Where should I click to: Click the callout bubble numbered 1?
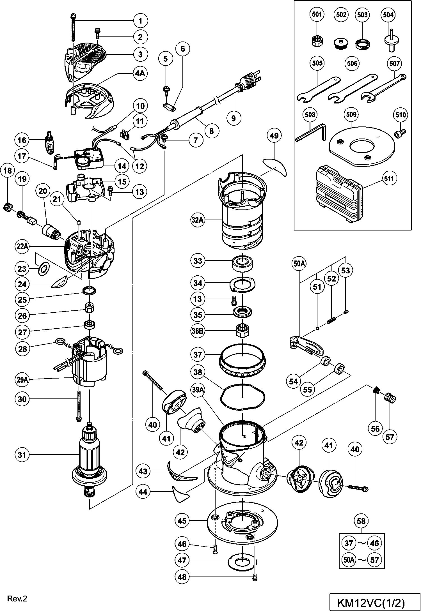pos(141,20)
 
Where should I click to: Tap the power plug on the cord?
pos(250,79)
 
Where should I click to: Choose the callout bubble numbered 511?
pos(389,178)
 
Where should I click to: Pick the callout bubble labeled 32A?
pos(197,220)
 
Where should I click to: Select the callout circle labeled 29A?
pos(22,380)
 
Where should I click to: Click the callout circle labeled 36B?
pos(198,331)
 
